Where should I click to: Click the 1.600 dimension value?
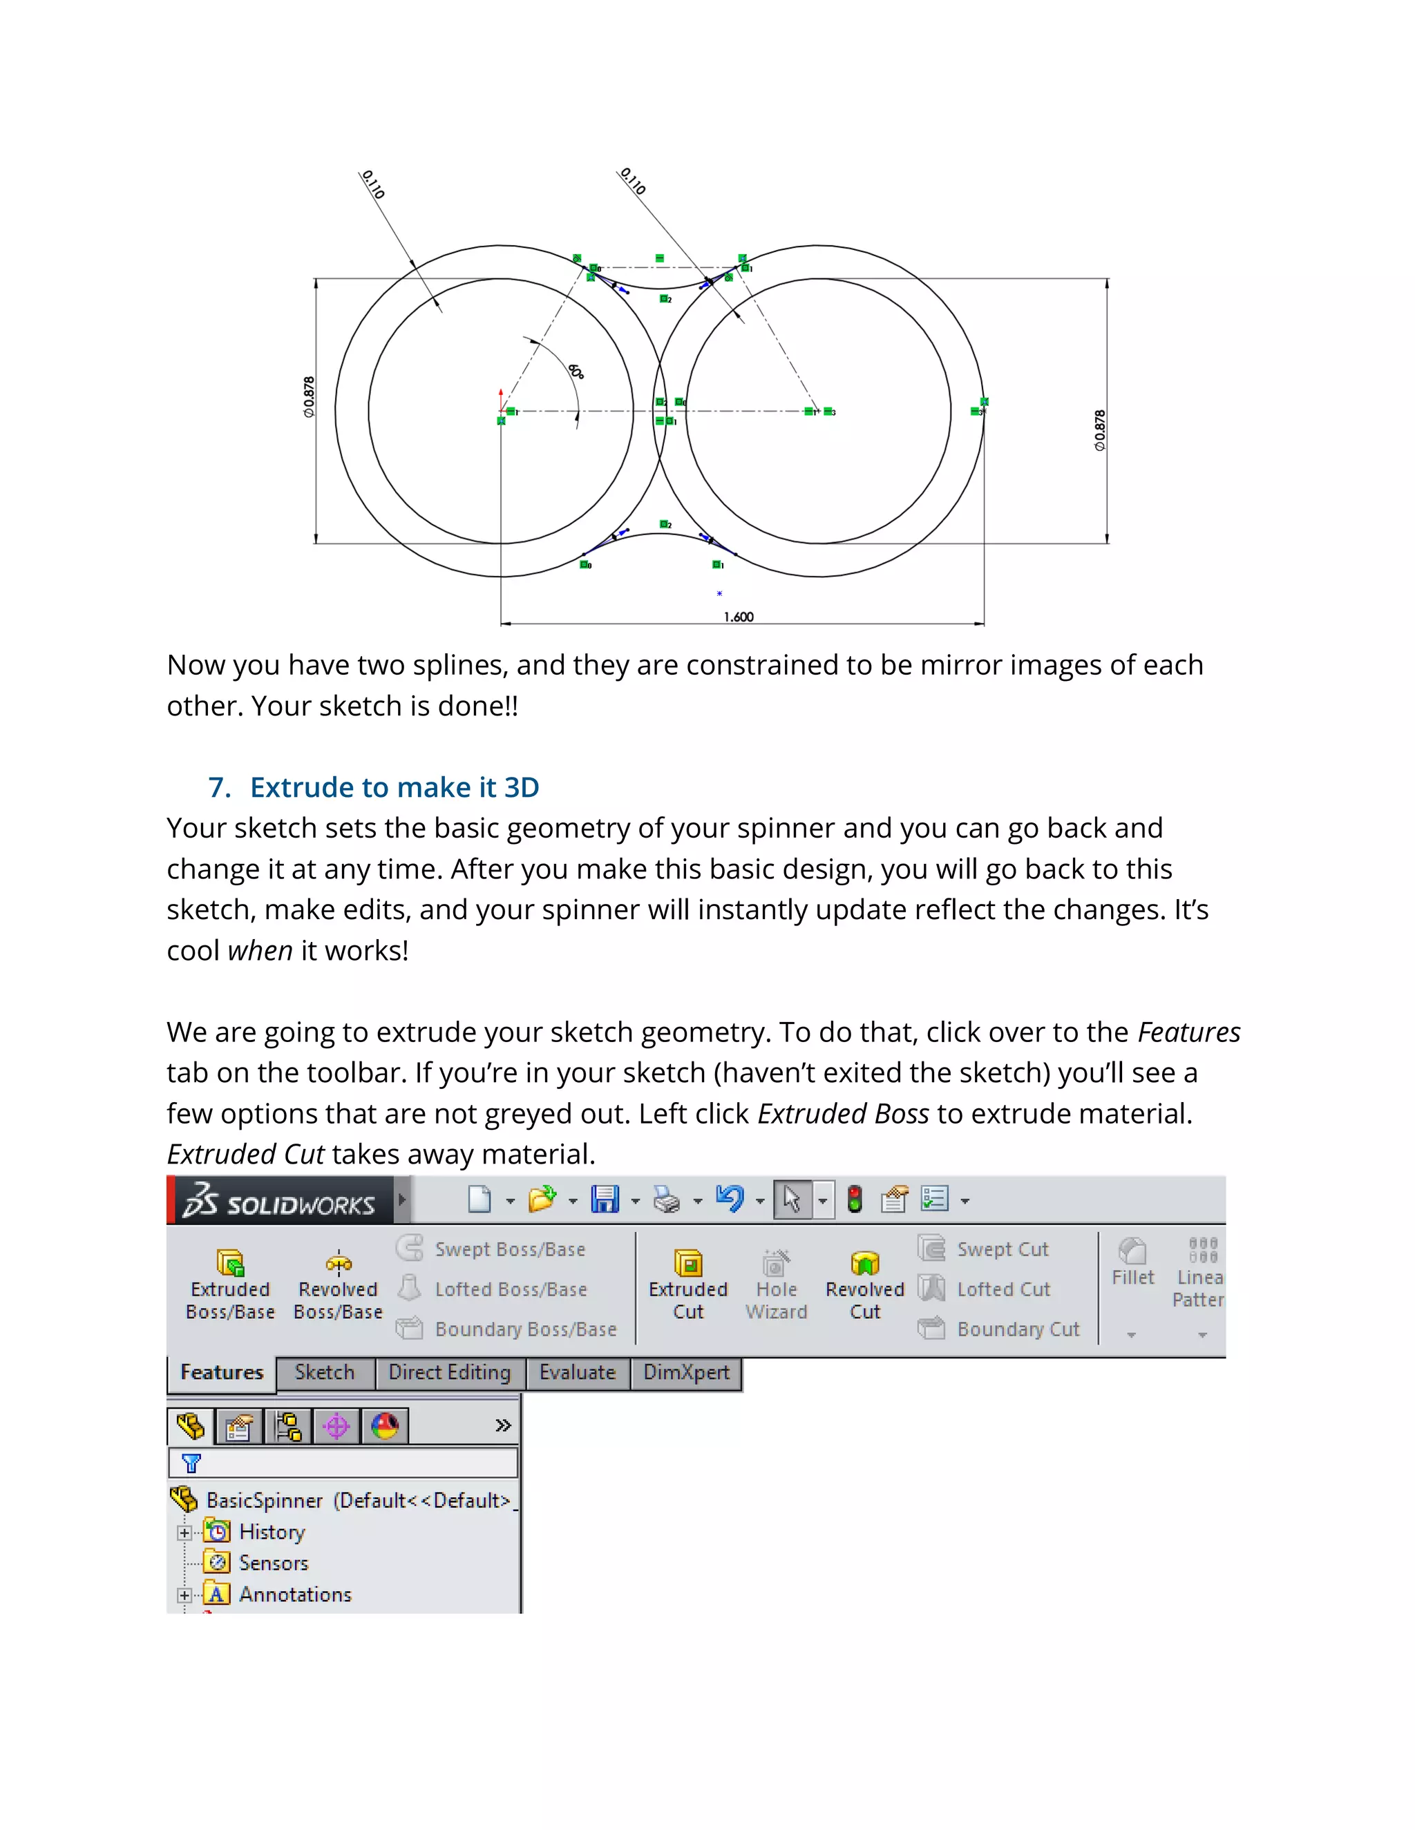click(x=739, y=617)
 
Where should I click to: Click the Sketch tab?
click(x=325, y=1373)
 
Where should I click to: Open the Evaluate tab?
click(x=578, y=1373)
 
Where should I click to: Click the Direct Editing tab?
click(x=449, y=1373)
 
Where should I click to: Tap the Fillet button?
click(x=1132, y=1264)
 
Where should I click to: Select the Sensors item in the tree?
click(x=274, y=1563)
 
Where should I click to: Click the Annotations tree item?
click(x=295, y=1594)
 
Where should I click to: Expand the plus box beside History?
click(x=184, y=1532)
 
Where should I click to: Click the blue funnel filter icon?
click(x=191, y=1463)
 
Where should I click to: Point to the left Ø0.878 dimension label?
click(x=308, y=397)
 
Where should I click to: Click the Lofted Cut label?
click(x=1003, y=1289)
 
